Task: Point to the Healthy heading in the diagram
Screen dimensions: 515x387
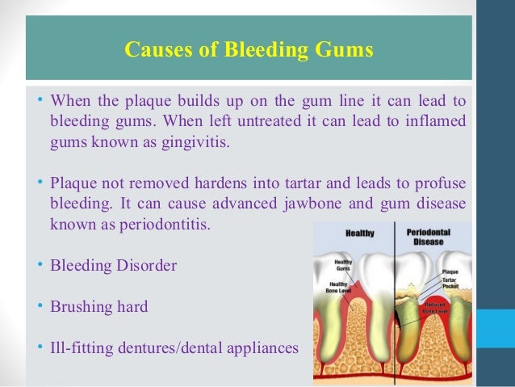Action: click(359, 233)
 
